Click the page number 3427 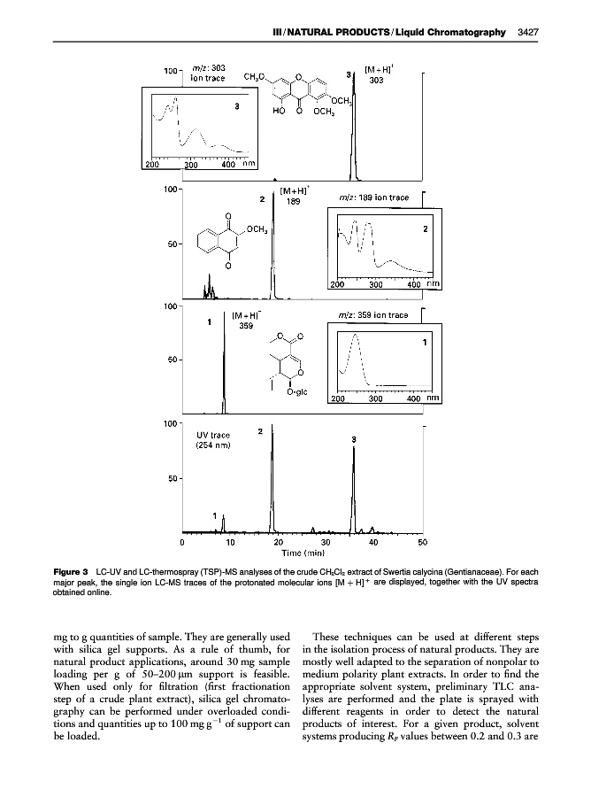click(x=527, y=33)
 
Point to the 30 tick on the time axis click(x=326, y=541)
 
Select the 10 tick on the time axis click(x=229, y=541)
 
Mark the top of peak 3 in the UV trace click(x=354, y=447)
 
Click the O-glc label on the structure click(x=296, y=393)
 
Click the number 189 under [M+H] click(x=293, y=201)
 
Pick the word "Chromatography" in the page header click(x=471, y=33)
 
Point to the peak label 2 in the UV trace click(x=259, y=431)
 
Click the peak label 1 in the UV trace click(x=213, y=515)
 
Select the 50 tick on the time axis click(x=422, y=541)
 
